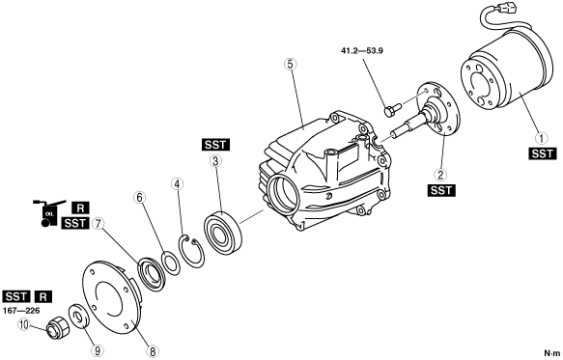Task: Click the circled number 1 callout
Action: [x=542, y=138]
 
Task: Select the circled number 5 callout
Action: [x=290, y=64]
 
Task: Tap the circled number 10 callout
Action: [x=24, y=325]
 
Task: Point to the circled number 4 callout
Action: [x=177, y=184]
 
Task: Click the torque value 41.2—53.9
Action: [x=362, y=50]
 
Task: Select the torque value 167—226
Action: [x=21, y=311]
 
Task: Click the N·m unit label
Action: [x=551, y=353]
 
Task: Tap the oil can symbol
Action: [x=49, y=213]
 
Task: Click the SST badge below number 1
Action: [x=542, y=153]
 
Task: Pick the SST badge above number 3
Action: [x=215, y=145]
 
